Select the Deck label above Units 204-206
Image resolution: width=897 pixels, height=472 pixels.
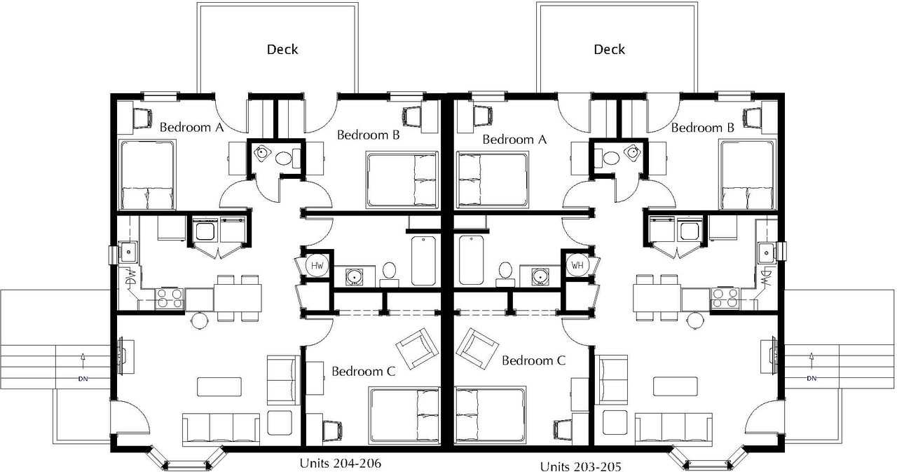click(282, 49)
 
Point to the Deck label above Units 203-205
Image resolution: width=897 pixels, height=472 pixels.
click(609, 49)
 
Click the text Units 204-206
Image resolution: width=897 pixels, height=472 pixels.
click(341, 464)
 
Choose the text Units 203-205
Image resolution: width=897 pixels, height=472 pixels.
click(581, 466)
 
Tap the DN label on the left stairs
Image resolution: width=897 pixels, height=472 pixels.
click(83, 378)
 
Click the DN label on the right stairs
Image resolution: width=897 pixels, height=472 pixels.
click(812, 378)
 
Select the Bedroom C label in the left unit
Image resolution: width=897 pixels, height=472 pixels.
click(363, 372)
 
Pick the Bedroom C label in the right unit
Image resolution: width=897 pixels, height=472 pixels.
click(534, 360)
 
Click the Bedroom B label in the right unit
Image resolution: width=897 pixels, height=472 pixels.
click(703, 128)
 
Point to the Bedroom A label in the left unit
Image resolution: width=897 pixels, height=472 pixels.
click(191, 128)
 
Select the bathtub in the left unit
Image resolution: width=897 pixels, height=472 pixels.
click(424, 261)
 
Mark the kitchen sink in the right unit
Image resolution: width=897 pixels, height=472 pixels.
click(767, 252)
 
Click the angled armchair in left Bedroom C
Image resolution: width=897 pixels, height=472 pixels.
click(416, 349)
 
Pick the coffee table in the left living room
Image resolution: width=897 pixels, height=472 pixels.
click(219, 386)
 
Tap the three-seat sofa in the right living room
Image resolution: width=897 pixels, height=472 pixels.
click(674, 429)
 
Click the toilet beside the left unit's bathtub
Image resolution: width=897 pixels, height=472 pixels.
click(389, 274)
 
